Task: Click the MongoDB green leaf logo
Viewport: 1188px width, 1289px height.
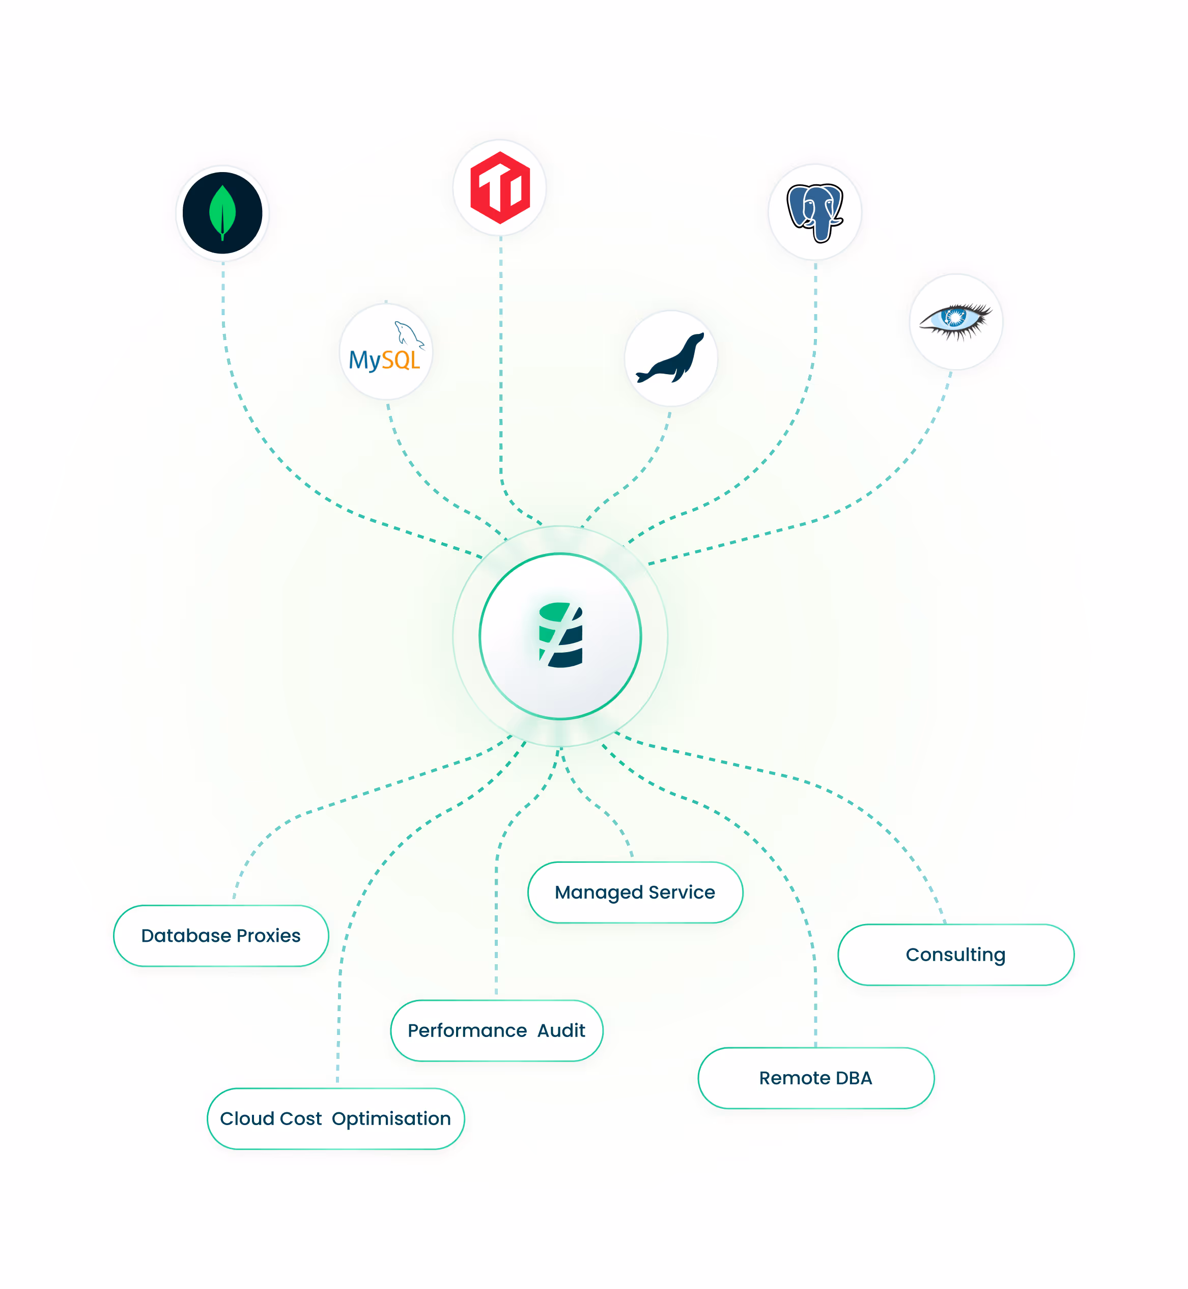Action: click(x=222, y=213)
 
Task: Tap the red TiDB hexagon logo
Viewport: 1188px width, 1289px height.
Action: click(x=500, y=188)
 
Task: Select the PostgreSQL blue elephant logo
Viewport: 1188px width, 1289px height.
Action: click(x=814, y=213)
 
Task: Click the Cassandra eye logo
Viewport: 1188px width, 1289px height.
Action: click(x=956, y=321)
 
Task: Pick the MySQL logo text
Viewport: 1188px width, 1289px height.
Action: click(x=384, y=360)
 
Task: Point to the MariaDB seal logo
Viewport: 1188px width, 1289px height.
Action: click(x=670, y=358)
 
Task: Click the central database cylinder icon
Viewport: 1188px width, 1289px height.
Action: click(x=560, y=635)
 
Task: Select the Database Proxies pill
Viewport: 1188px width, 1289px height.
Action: click(x=221, y=935)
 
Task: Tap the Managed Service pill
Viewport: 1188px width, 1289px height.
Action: click(x=635, y=892)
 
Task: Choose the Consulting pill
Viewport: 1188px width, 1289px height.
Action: click(x=955, y=955)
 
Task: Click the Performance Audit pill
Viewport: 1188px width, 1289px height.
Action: click(x=496, y=1030)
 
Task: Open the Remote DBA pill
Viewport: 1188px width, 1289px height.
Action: click(x=815, y=1078)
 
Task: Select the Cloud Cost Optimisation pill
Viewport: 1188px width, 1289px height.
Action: click(x=335, y=1118)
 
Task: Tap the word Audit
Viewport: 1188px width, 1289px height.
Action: click(x=561, y=1030)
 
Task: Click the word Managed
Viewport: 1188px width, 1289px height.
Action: click(x=599, y=893)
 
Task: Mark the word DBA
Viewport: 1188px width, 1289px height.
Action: click(x=854, y=1078)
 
